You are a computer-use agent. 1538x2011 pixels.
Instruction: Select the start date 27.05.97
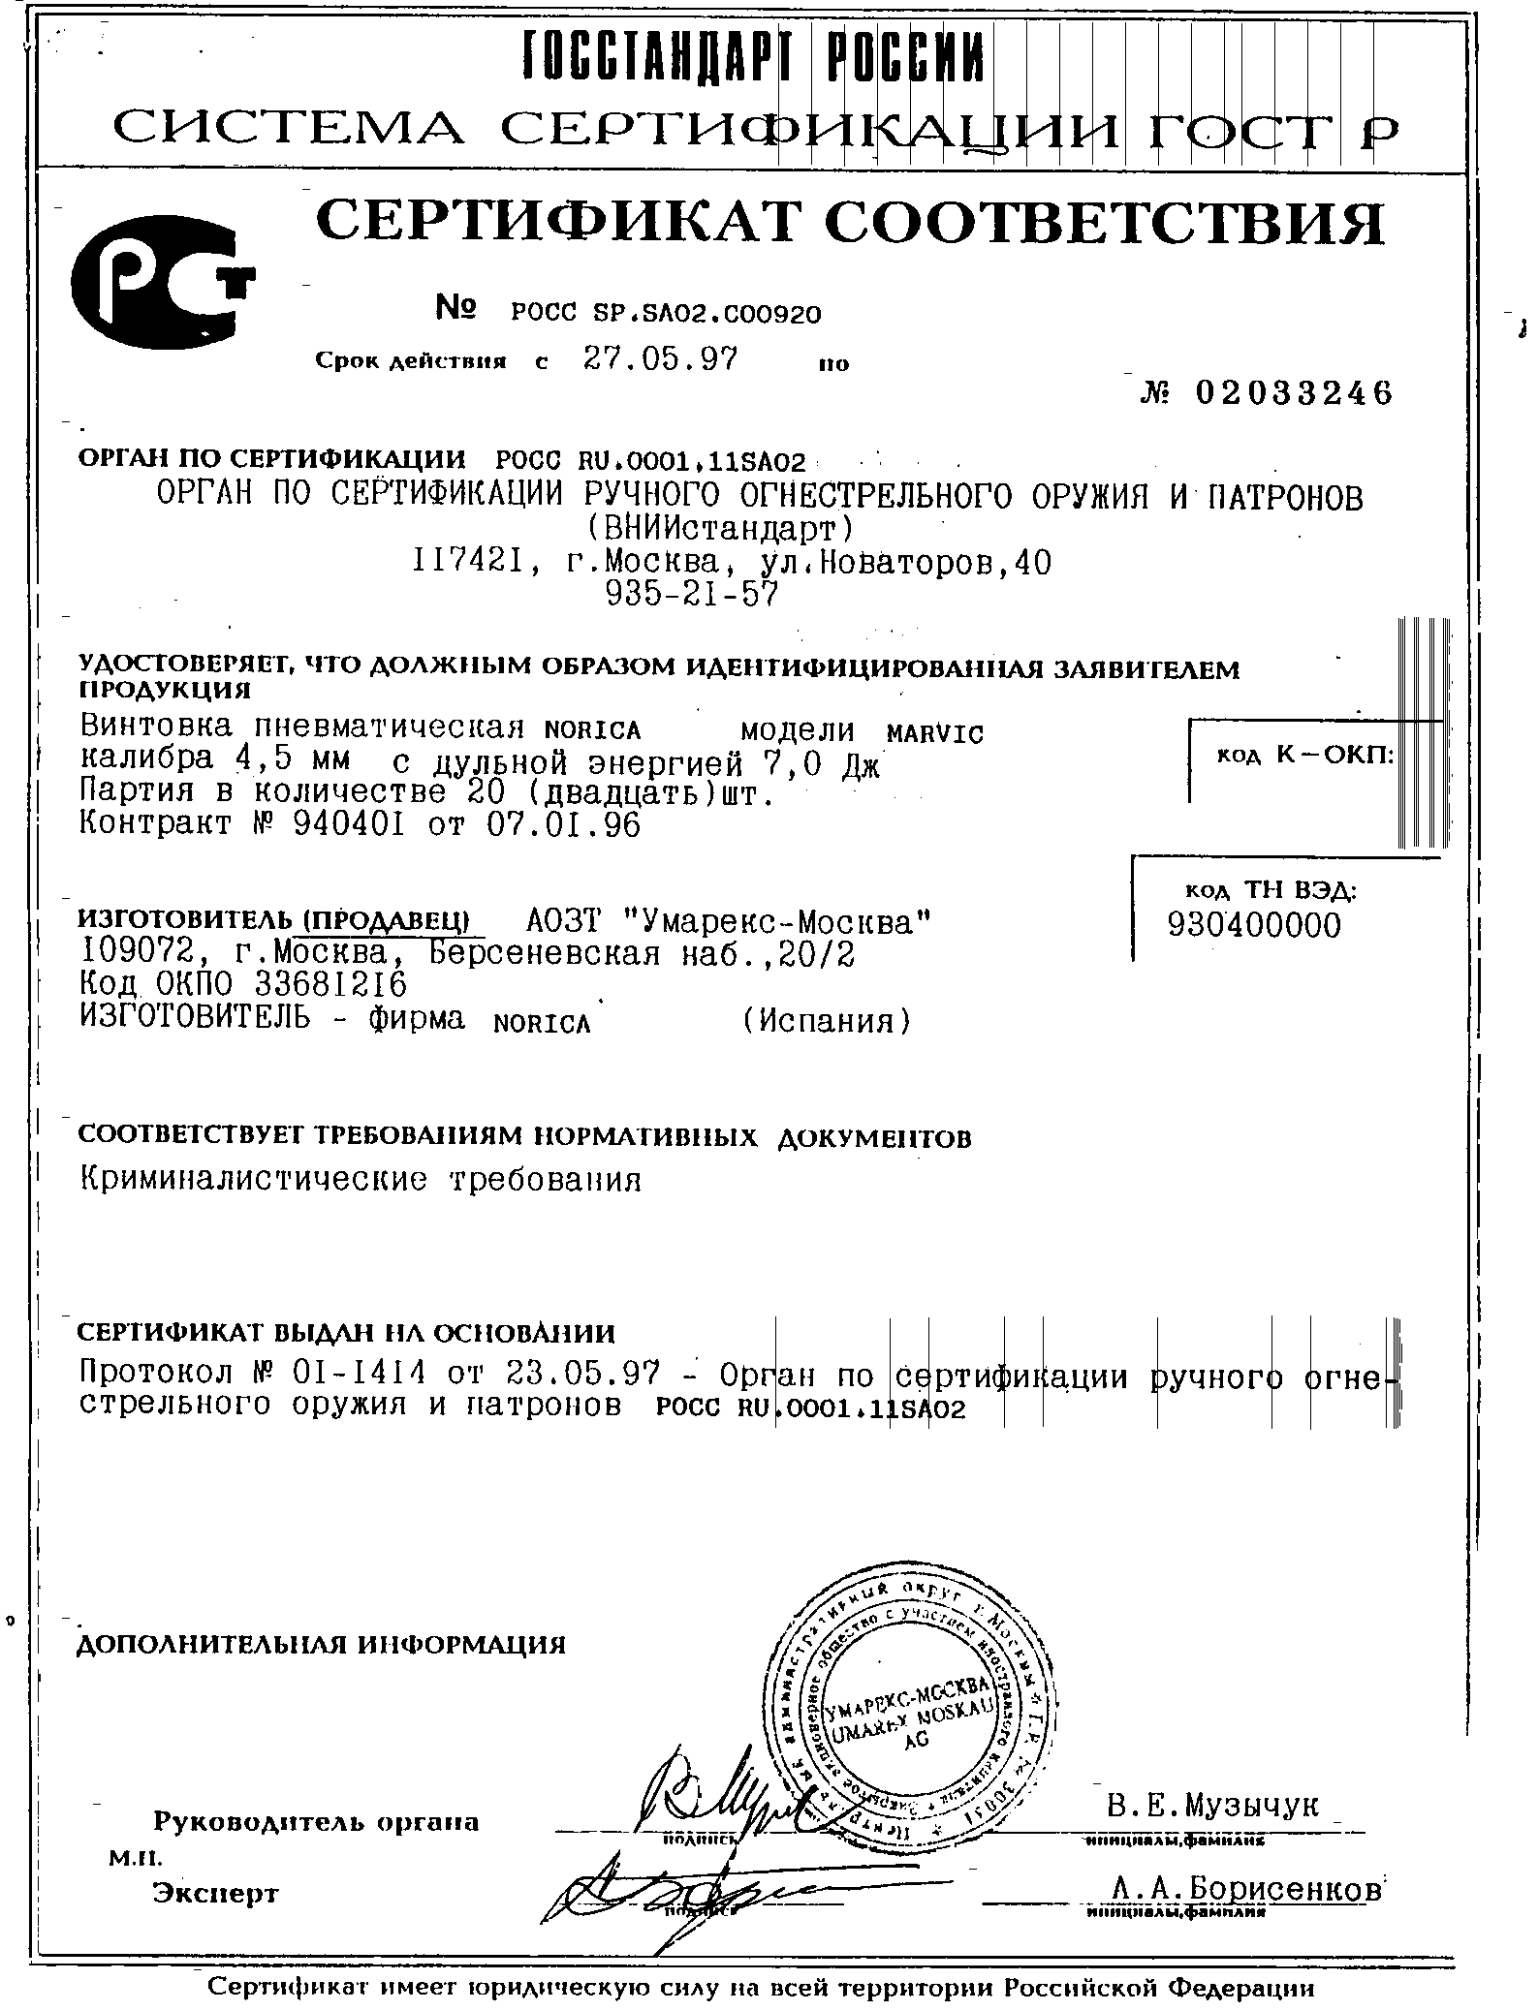pos(661,360)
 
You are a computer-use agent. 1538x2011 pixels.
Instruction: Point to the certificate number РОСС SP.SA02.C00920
pos(666,313)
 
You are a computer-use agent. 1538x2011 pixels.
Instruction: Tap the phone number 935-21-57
pos(691,594)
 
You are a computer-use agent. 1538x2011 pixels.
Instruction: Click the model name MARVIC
pos(935,733)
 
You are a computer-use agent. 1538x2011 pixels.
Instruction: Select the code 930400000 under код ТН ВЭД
pos(1255,926)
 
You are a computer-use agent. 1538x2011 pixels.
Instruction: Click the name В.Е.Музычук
pos(1212,1805)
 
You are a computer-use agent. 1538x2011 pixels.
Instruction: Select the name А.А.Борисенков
pos(1247,1888)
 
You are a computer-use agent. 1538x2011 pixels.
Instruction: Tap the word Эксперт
pos(215,1893)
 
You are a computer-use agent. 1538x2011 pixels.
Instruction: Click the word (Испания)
pos(826,1020)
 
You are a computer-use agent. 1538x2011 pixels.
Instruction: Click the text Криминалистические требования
pos(360,1179)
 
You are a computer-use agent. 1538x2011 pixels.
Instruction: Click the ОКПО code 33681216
pos(330,984)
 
